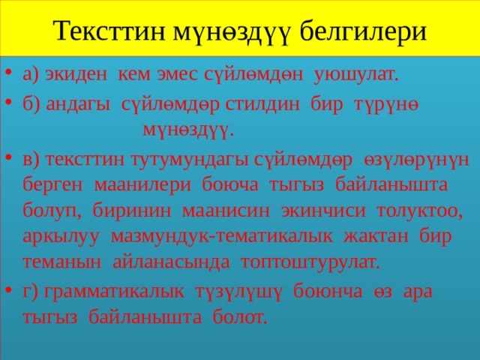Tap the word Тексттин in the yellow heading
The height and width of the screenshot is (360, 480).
pyautogui.click(x=109, y=30)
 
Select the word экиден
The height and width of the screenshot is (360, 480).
pyautogui.click(x=76, y=75)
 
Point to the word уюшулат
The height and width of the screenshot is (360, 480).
pyautogui.click(x=356, y=75)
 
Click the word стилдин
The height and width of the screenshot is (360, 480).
pyautogui.click(x=262, y=105)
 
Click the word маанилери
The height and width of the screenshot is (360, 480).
pyautogui.click(x=142, y=185)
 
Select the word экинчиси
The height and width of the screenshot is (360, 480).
pyautogui.click(x=323, y=211)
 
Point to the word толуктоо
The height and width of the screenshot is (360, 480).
pyautogui.click(x=419, y=211)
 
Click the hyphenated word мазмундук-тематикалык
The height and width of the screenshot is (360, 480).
pyautogui.click(x=222, y=237)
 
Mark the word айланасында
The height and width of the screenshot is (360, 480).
pyautogui.click(x=171, y=262)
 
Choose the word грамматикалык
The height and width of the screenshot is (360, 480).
pyautogui.click(x=114, y=292)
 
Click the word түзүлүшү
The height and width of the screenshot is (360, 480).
pyautogui.click(x=238, y=292)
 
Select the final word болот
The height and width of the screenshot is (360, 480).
pyautogui.click(x=240, y=317)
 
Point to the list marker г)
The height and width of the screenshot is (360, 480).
pyautogui.click(x=31, y=292)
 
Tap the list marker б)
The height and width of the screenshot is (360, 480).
pyautogui.click(x=31, y=104)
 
